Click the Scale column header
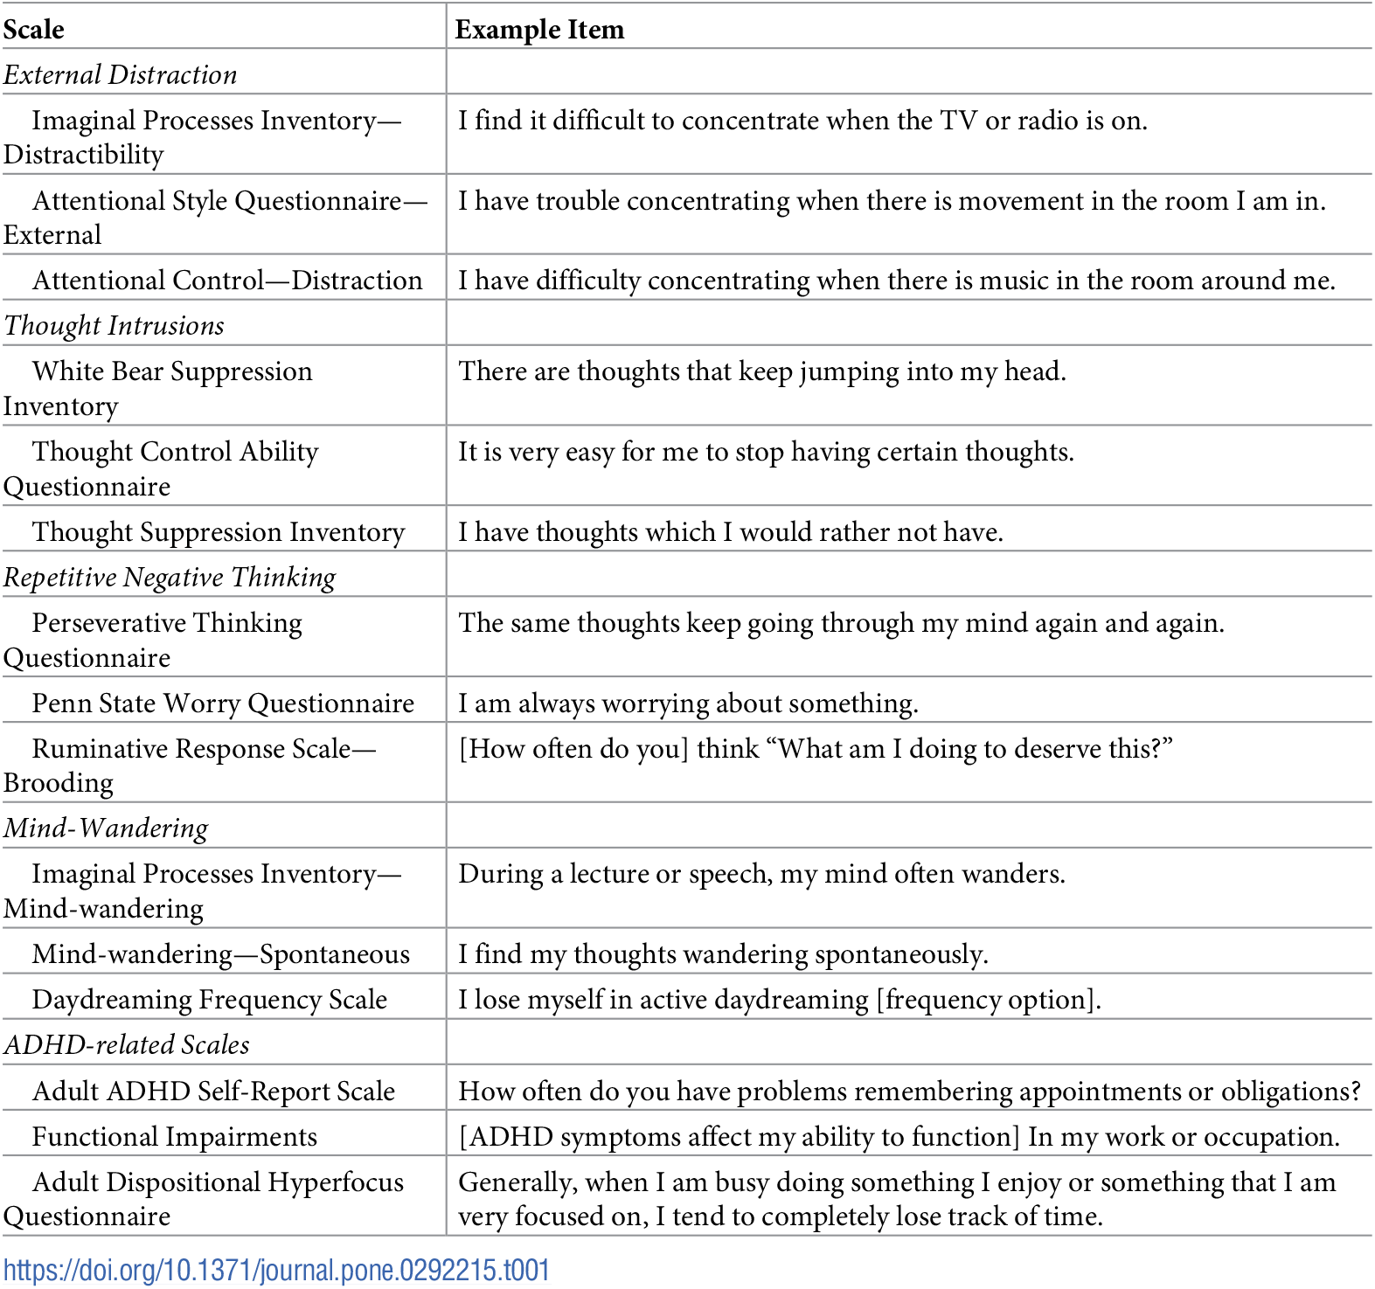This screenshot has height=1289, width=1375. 34,30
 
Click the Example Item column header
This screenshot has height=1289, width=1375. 539,30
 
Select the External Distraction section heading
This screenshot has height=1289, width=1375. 121,75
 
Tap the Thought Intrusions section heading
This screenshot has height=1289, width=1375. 115,326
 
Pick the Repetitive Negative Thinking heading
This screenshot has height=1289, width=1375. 170,578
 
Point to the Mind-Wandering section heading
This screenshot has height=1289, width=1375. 106,828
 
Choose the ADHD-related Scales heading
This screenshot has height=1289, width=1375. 127,1045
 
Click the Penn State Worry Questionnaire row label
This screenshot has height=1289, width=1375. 223,703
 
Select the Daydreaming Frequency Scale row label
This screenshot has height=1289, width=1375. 210,1000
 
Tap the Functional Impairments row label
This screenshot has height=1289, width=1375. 175,1137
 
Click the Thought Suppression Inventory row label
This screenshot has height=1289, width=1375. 219,532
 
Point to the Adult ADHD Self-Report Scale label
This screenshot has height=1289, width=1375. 213,1091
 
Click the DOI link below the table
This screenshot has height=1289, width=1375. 276,1270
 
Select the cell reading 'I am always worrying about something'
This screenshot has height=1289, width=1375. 688,703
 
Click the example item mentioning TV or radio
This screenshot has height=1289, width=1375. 802,121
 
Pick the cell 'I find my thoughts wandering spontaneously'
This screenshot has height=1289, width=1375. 723,954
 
